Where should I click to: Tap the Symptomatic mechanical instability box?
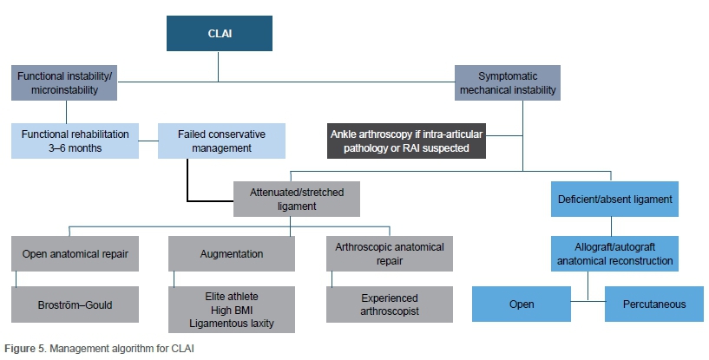click(x=507, y=82)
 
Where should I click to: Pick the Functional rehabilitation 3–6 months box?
click(x=75, y=141)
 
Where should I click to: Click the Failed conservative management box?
click(x=222, y=141)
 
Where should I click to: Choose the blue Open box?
click(x=521, y=304)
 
